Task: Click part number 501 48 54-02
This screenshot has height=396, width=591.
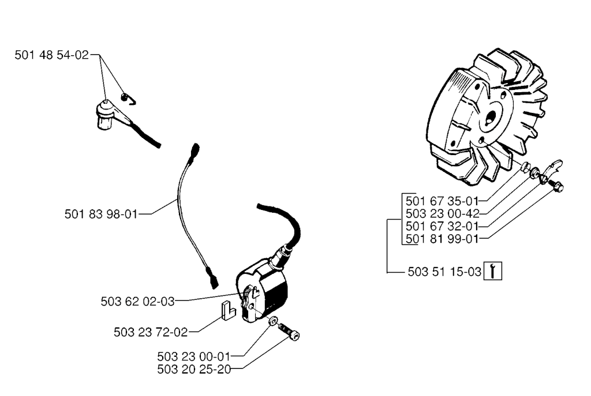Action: [51, 55]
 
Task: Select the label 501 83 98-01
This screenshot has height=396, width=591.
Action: [101, 214]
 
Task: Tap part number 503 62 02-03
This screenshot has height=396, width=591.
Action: [137, 300]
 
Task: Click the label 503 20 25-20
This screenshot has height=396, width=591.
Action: [193, 369]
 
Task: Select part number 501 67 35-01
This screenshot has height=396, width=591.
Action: [442, 201]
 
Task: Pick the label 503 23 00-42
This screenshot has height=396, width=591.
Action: [442, 214]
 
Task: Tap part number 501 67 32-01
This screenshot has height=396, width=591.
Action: [442, 227]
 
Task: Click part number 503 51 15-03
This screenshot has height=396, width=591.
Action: [444, 272]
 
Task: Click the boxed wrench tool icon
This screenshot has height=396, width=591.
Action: [492, 271]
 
